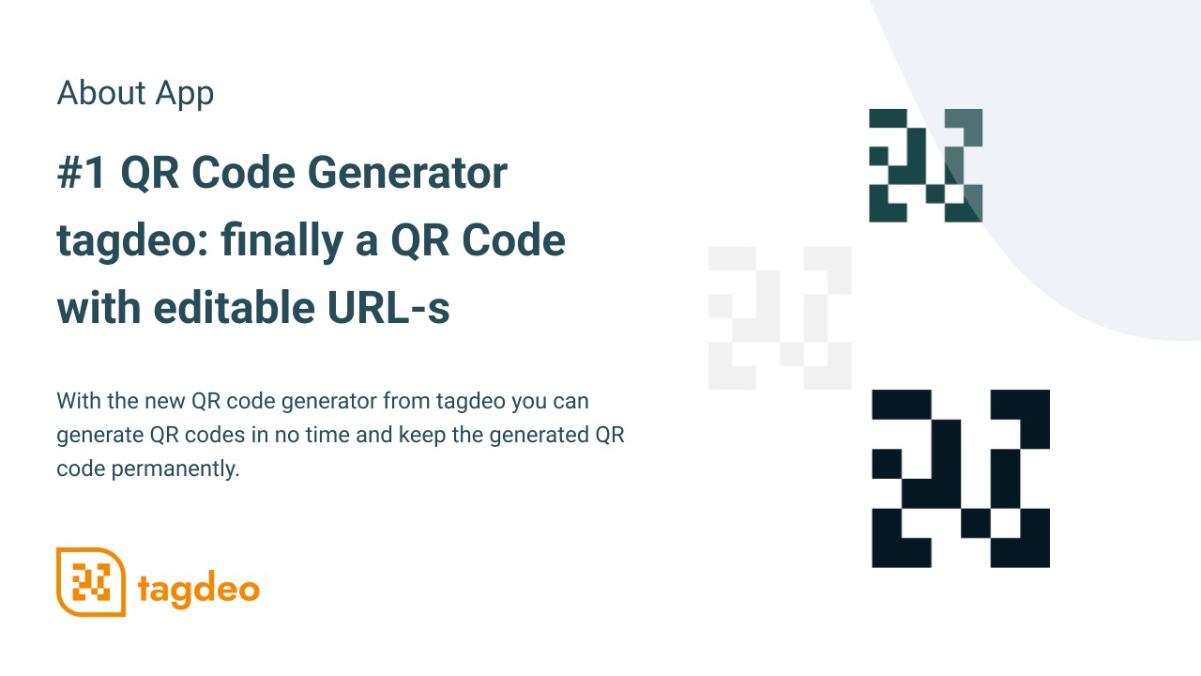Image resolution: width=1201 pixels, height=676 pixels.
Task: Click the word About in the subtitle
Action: point(101,93)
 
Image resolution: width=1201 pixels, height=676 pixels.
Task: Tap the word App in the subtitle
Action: point(185,95)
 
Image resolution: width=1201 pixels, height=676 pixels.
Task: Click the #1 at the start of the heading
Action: point(81,173)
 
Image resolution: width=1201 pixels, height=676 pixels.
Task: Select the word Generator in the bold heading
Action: point(407,173)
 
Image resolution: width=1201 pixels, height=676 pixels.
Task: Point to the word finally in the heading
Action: point(281,241)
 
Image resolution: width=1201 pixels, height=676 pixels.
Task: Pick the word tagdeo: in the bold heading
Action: point(132,241)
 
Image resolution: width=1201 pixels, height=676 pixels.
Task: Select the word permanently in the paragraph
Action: point(175,469)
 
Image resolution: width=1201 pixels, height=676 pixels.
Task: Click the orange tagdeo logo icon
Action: point(91,582)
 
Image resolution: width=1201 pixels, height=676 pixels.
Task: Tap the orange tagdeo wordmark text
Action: point(199,589)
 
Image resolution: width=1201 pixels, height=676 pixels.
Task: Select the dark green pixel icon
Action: point(926,165)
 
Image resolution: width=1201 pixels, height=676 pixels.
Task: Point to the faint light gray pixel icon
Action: point(780,318)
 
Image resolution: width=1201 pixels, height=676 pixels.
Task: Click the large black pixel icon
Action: point(961,479)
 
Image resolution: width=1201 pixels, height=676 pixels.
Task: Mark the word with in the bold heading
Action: point(99,307)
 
